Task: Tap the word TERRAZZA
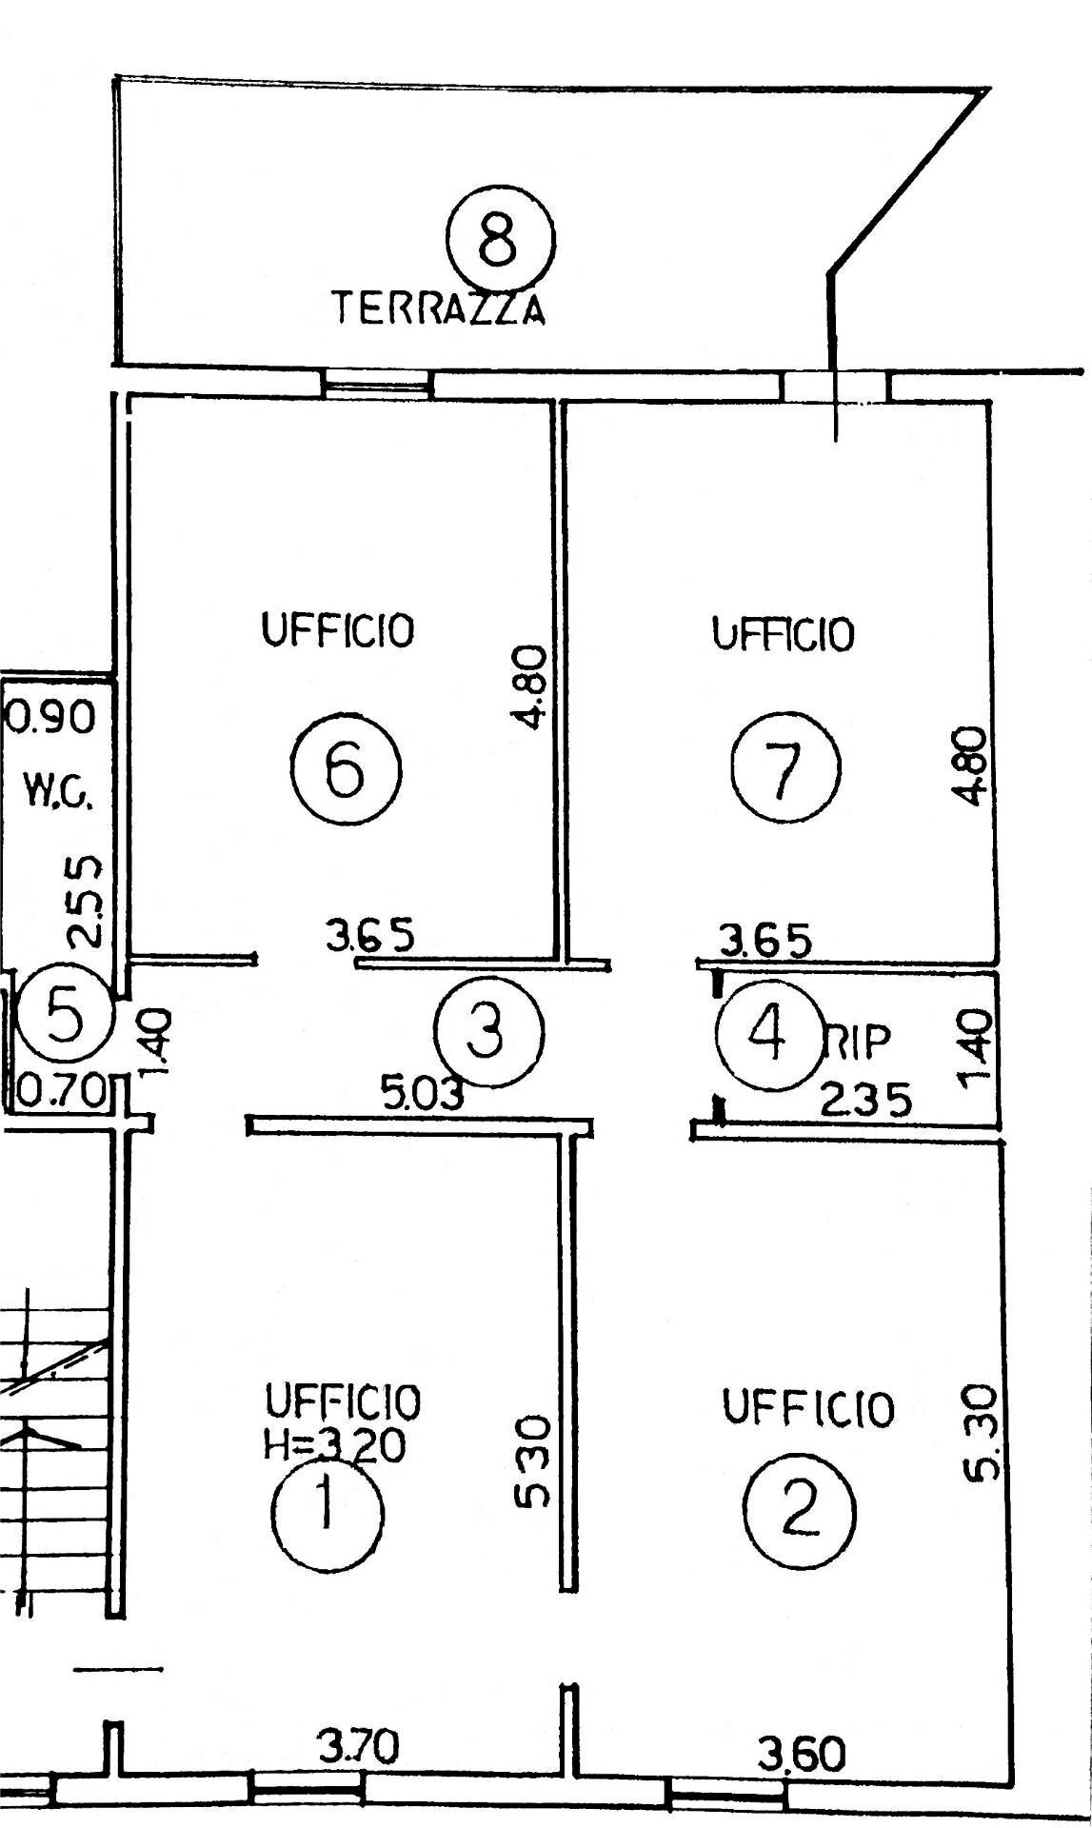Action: click(x=439, y=309)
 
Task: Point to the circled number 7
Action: click(x=786, y=766)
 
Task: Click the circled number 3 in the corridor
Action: click(x=488, y=1030)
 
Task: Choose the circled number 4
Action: click(x=768, y=1034)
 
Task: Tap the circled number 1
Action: click(x=327, y=1509)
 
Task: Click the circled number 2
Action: click(x=800, y=1510)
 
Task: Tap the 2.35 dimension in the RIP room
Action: click(x=866, y=1100)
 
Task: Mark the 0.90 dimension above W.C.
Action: click(x=51, y=717)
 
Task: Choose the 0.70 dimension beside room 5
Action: click(x=63, y=1091)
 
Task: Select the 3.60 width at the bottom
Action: click(x=801, y=1755)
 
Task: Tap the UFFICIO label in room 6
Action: click(x=339, y=630)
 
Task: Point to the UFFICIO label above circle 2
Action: click(x=809, y=1408)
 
